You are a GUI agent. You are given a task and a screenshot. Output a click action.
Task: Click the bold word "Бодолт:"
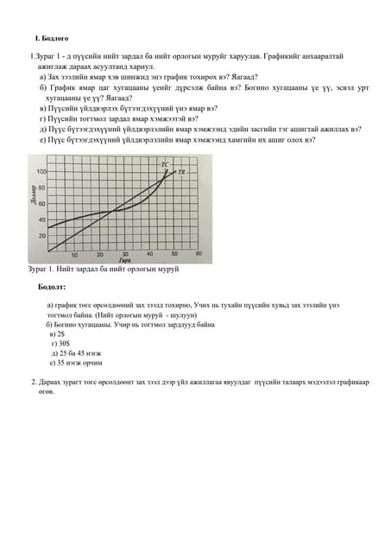coord(52,285)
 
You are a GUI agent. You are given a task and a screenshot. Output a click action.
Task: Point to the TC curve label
coord(165,162)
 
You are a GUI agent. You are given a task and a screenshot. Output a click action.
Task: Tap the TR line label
coord(183,173)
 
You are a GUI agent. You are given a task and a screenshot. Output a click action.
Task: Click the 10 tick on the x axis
coord(74,255)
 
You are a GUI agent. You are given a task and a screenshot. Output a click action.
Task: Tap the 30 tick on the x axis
coord(124,255)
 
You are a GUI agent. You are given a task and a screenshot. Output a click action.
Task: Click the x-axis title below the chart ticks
coord(125,260)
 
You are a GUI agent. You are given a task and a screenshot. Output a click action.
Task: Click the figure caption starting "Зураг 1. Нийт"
coord(104,270)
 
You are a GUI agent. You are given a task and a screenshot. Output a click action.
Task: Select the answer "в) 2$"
coord(58,333)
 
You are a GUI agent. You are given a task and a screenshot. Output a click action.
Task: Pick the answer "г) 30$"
coord(60,343)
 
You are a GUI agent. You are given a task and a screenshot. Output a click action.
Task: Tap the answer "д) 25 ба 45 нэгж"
coord(76,353)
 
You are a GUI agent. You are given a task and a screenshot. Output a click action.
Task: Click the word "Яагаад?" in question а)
coord(240,77)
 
